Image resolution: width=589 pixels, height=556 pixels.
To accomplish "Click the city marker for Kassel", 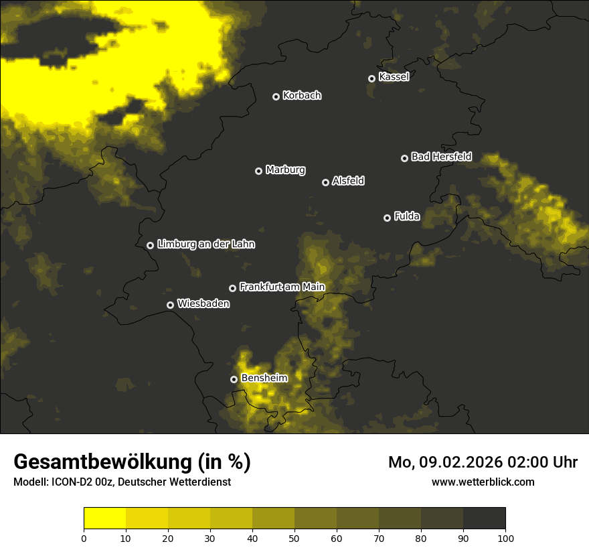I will (371, 78).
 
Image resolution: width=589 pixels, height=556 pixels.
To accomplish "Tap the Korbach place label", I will (302, 96).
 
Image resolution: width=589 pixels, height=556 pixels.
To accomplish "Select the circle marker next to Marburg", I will (258, 171).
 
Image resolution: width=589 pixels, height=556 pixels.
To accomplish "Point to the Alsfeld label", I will (348, 181).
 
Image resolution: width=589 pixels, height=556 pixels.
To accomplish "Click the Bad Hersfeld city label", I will (441, 157).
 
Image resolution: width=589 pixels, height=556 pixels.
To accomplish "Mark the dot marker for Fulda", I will (387, 218).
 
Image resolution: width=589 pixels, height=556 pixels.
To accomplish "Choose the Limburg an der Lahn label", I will (206, 245).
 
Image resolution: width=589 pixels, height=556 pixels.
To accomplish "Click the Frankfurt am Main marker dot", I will (232, 288).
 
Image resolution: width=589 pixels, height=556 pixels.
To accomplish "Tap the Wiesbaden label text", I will (203, 303).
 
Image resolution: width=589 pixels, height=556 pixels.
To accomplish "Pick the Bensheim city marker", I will (234, 379).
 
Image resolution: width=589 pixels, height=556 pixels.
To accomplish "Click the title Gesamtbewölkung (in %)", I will (132, 462).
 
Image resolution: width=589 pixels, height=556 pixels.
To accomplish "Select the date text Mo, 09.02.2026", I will (447, 462).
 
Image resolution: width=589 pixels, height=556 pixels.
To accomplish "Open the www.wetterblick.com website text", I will (483, 482).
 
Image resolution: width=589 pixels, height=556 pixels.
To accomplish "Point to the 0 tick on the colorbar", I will (84, 538).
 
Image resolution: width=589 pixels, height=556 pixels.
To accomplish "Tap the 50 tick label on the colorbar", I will (294, 538).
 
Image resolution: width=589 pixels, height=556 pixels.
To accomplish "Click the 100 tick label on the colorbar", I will (505, 538).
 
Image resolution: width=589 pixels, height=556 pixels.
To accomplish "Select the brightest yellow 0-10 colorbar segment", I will (104, 518).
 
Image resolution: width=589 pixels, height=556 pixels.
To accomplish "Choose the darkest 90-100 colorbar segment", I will (484, 518).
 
